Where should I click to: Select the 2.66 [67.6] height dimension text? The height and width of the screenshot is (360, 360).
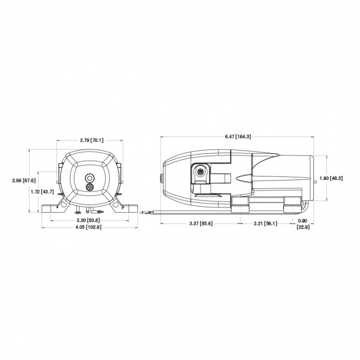(x=23, y=180)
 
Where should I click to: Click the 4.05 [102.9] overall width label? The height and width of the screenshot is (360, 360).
(x=89, y=227)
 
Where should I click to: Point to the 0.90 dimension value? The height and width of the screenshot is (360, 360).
(x=303, y=220)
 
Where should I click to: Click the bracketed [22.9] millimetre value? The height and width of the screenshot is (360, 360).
(x=303, y=227)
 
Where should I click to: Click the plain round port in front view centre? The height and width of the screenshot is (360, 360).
(x=90, y=177)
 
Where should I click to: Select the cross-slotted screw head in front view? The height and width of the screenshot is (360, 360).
(x=90, y=187)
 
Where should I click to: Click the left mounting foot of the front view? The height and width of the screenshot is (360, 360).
(x=51, y=207)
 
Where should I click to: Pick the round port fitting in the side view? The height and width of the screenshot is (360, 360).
(x=200, y=172)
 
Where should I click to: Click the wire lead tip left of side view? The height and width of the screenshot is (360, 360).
(x=143, y=212)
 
